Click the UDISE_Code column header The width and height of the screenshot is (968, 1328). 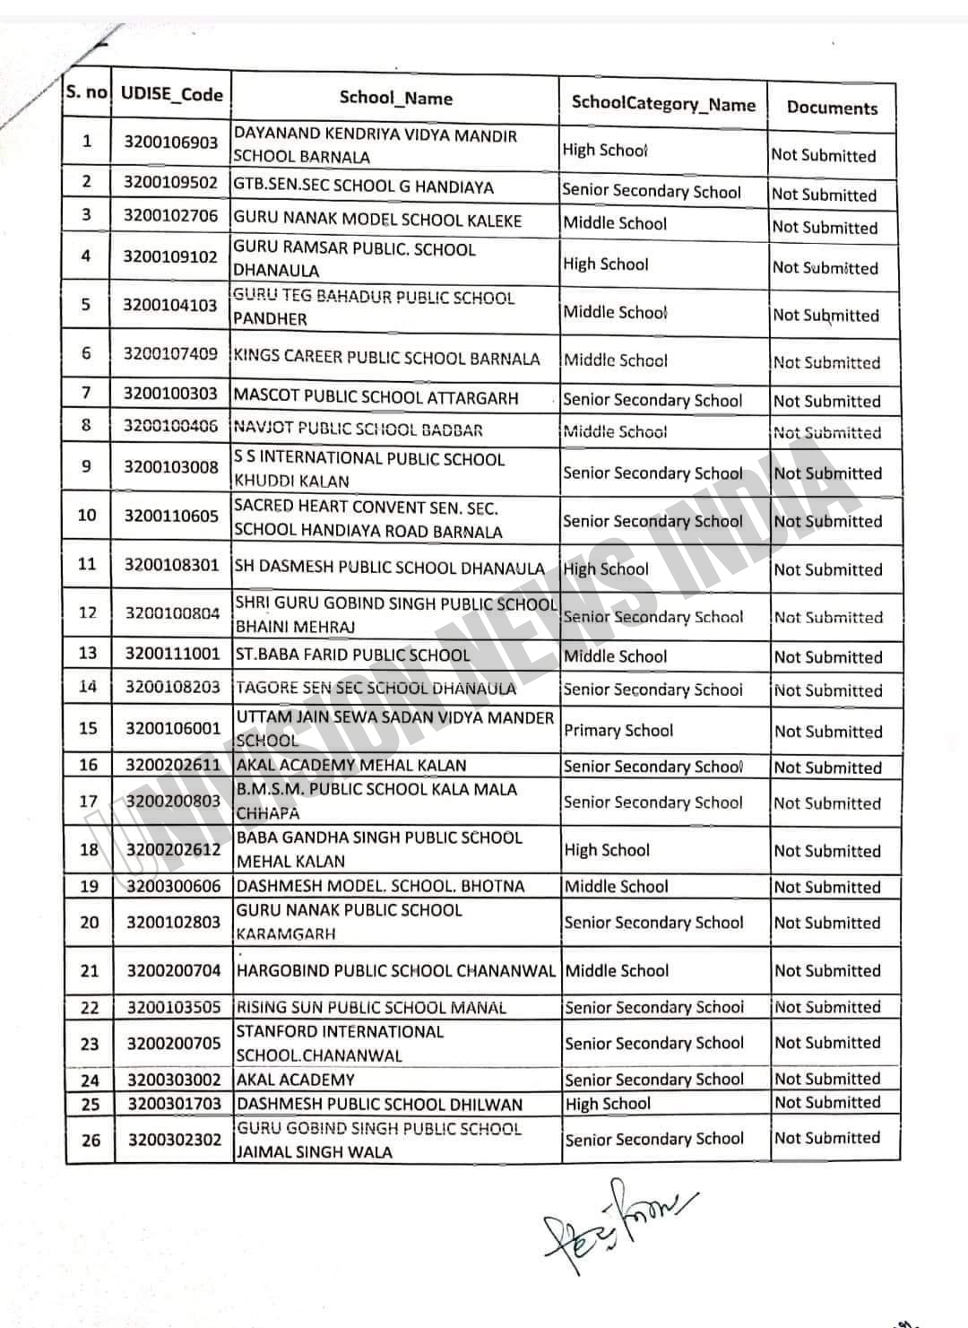click(171, 94)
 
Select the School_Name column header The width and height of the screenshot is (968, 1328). click(395, 99)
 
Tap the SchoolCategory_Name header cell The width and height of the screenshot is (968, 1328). click(663, 104)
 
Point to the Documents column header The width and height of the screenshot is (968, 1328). click(832, 108)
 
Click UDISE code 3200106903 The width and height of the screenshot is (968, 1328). click(170, 143)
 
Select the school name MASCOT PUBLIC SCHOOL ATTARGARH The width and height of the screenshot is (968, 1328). click(376, 396)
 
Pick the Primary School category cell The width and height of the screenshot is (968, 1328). click(618, 730)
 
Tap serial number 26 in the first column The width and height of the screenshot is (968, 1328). click(91, 1141)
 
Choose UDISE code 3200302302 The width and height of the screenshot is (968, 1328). click(174, 1140)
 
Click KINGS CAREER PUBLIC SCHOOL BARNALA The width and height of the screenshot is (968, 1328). click(386, 358)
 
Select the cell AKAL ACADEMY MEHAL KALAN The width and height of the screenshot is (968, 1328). click(350, 766)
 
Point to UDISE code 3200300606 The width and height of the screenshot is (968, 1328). click(173, 886)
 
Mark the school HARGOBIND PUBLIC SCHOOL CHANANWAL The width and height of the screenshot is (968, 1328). click(395, 970)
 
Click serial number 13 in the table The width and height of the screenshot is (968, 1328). click(87, 653)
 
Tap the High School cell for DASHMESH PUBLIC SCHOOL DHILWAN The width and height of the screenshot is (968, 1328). click(608, 1104)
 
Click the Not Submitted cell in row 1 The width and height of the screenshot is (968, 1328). click(824, 155)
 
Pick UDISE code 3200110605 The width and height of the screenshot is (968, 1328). click(171, 516)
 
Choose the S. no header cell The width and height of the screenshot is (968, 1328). click(86, 91)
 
